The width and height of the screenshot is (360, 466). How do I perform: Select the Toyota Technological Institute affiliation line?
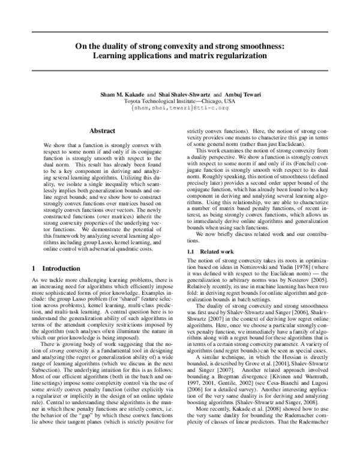[180, 101]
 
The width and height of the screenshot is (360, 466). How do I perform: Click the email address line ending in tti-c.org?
[180, 108]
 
